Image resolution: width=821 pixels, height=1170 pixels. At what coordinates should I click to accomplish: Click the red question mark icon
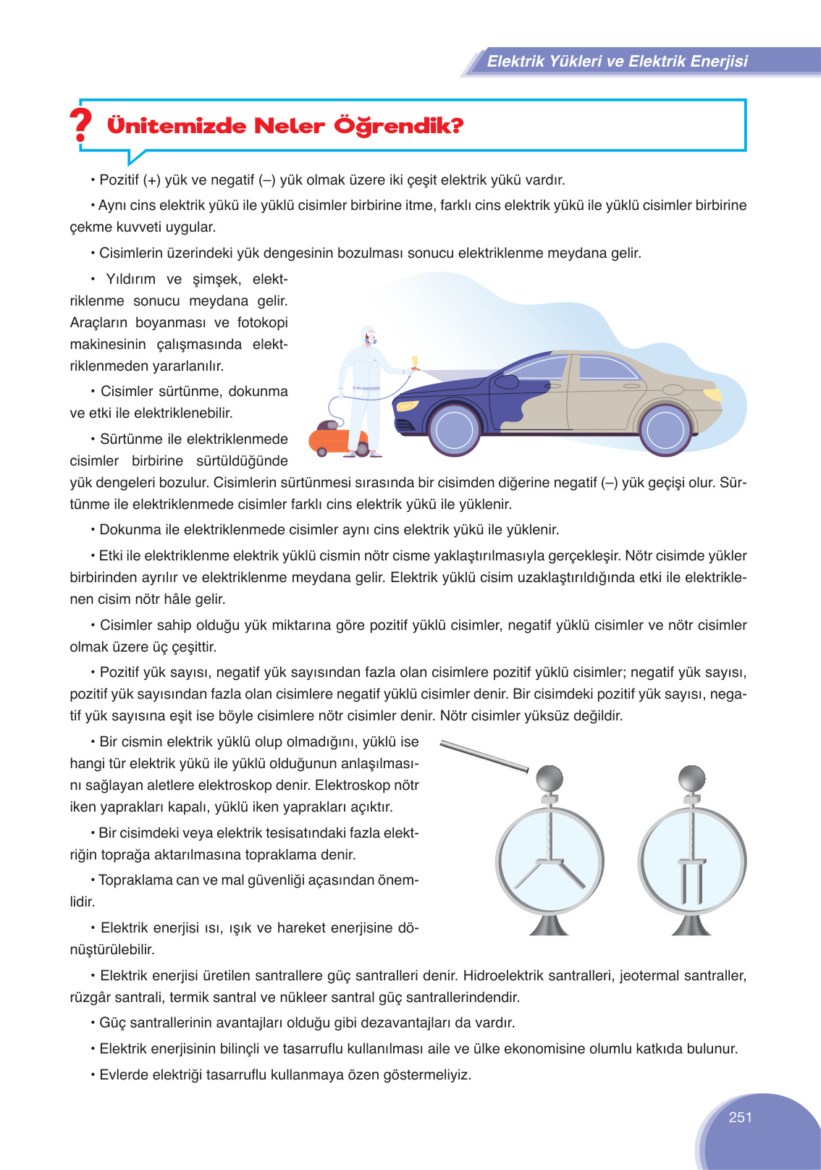click(x=81, y=125)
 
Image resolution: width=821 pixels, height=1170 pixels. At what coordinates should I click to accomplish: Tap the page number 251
click(x=740, y=1117)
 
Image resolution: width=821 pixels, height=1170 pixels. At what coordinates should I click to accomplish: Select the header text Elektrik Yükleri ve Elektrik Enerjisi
click(x=617, y=62)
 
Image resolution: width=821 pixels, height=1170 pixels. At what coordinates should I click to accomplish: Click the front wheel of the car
click(x=455, y=429)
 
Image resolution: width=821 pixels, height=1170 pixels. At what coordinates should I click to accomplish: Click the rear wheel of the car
click(x=665, y=429)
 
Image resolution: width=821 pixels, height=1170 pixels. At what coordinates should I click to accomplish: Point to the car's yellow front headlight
click(x=408, y=405)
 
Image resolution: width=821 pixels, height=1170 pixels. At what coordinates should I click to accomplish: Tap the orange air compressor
click(x=337, y=441)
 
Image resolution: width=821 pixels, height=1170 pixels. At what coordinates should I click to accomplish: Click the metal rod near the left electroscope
click(x=484, y=757)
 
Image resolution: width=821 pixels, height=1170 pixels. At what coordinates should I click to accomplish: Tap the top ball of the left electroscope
click(x=550, y=779)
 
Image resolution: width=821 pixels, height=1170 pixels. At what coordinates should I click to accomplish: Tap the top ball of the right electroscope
click(x=691, y=779)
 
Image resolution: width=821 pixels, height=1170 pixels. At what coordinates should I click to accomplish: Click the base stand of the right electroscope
click(x=691, y=926)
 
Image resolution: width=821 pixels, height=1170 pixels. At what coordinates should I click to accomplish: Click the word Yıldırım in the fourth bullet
click(x=130, y=279)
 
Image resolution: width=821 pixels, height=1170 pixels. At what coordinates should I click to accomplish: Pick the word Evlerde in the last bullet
click(x=123, y=1075)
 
